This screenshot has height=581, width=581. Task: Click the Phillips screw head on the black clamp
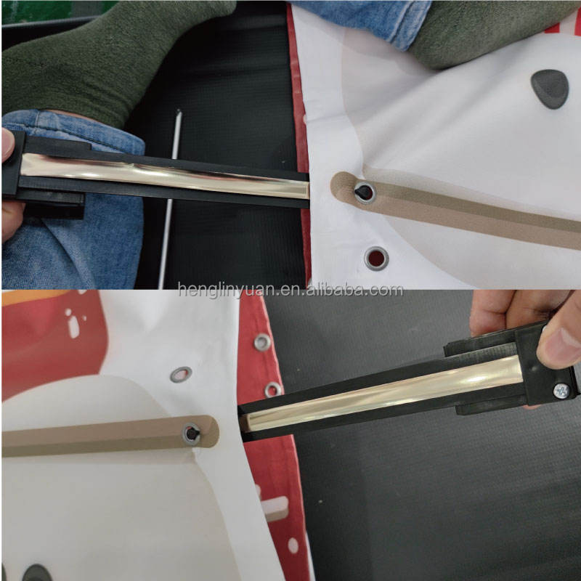561,391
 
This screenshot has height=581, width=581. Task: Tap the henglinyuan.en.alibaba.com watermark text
290,290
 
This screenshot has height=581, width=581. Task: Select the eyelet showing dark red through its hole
376,259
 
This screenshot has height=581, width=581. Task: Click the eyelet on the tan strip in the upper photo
365,192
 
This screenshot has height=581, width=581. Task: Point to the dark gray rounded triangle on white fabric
550,89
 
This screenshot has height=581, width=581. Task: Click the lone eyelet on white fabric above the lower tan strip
181,374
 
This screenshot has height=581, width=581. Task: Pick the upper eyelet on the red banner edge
262,342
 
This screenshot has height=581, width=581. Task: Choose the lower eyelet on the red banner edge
273,389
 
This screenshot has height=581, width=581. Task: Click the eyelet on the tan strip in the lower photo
192,434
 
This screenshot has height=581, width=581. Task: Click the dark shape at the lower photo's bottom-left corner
37,573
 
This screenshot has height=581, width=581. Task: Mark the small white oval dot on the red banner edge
293,545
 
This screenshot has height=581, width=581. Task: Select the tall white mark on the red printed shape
73,328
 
